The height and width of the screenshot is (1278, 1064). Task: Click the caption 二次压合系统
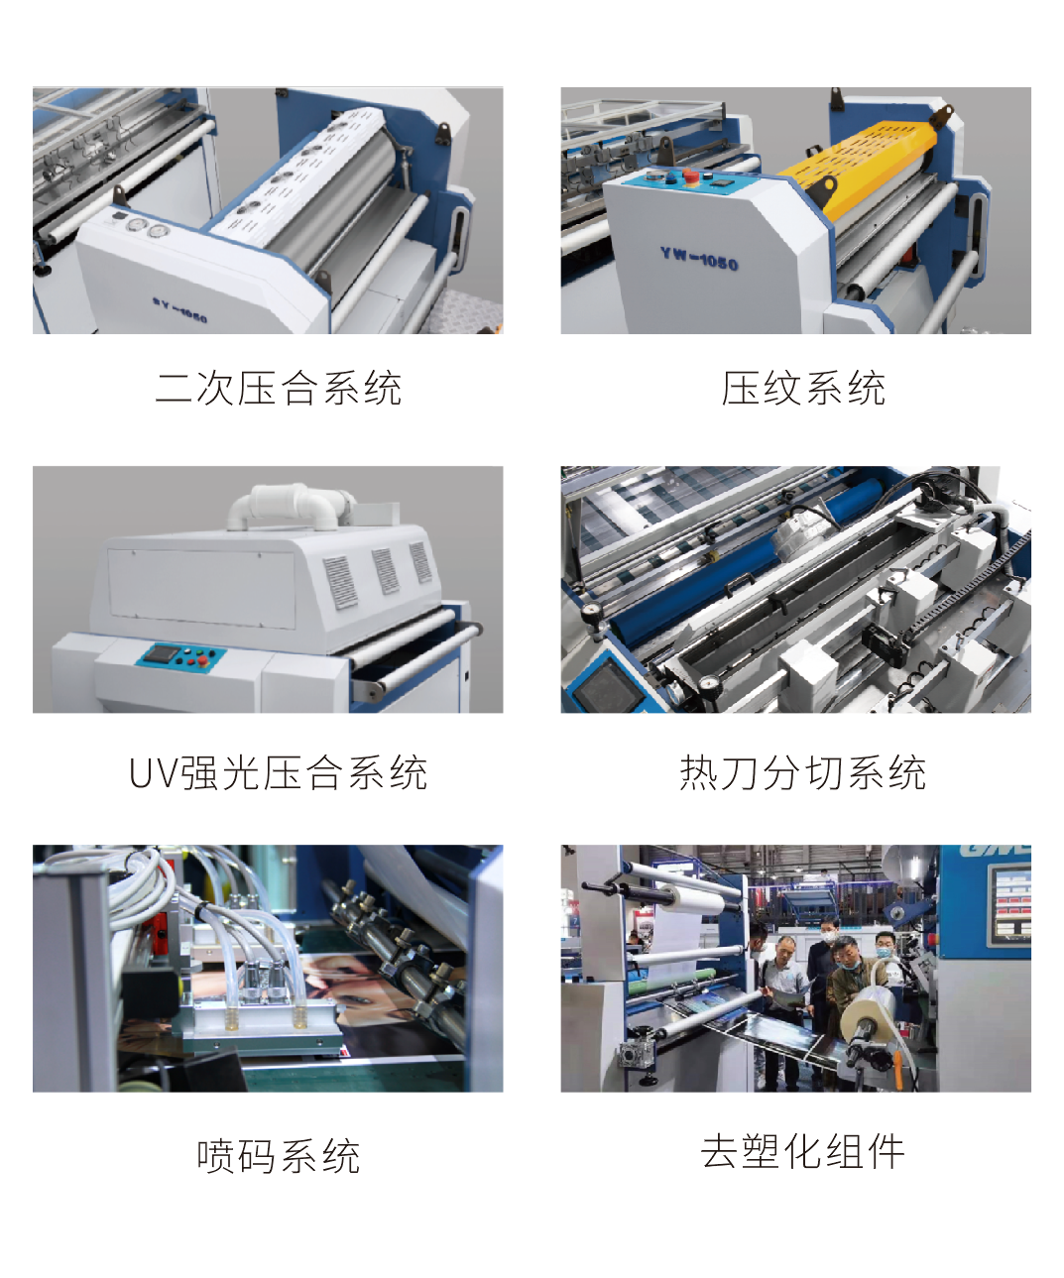279,388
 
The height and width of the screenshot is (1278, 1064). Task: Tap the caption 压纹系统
803,388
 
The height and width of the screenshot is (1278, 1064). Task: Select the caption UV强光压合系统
278,772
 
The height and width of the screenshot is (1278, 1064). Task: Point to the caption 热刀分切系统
802,772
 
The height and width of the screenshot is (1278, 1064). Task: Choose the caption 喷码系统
279,1156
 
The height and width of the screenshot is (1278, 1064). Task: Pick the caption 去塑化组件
802,1151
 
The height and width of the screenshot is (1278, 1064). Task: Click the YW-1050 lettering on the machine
699,258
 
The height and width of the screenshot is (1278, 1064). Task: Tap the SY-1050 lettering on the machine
180,309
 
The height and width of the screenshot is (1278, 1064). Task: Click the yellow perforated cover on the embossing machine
857,163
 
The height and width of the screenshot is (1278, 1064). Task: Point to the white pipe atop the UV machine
291,503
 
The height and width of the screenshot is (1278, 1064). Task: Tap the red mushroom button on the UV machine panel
202,660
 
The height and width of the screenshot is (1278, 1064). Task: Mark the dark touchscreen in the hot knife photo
609,684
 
